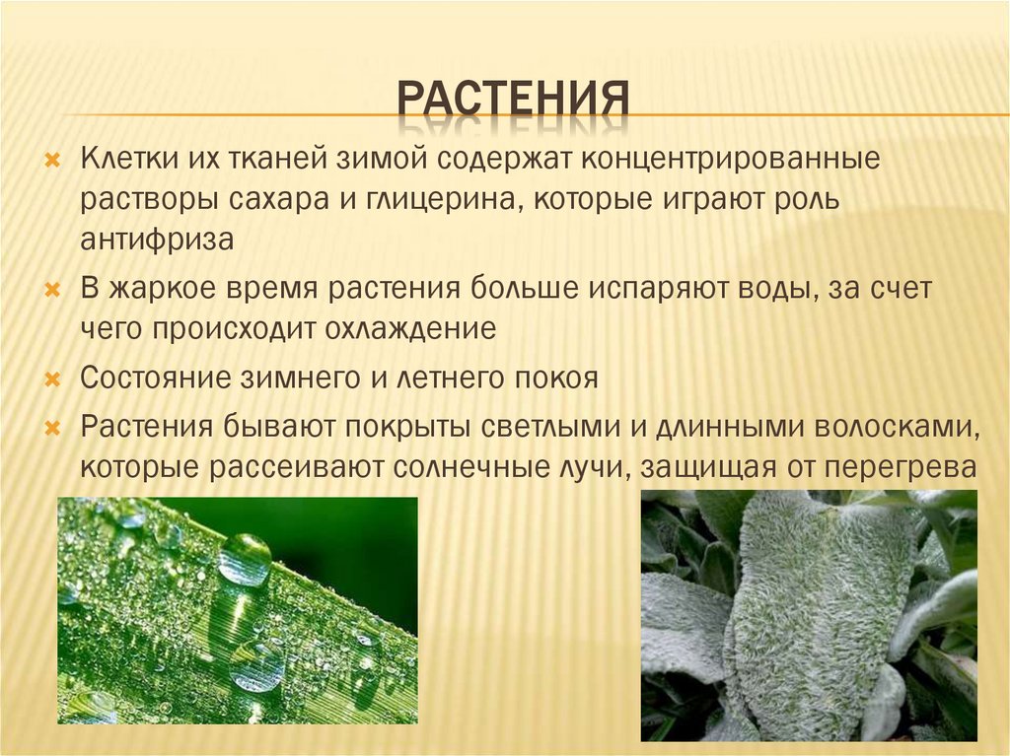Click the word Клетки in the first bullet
[x=122, y=159]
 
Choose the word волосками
[x=896, y=427]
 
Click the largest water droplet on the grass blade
[x=245, y=560]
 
